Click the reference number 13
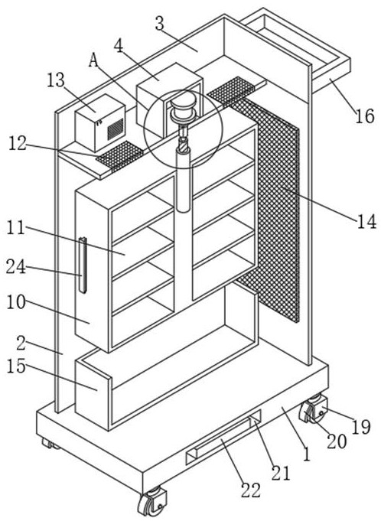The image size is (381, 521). point(55,81)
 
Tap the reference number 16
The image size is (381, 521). point(365,116)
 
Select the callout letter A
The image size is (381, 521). point(94,60)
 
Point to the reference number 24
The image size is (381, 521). point(15,267)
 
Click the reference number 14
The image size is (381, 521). point(366,221)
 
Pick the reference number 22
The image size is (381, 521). point(250,490)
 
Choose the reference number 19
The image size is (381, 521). point(361,428)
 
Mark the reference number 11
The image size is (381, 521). point(15,228)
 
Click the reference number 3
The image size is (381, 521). point(161,24)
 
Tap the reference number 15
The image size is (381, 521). point(15,366)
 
